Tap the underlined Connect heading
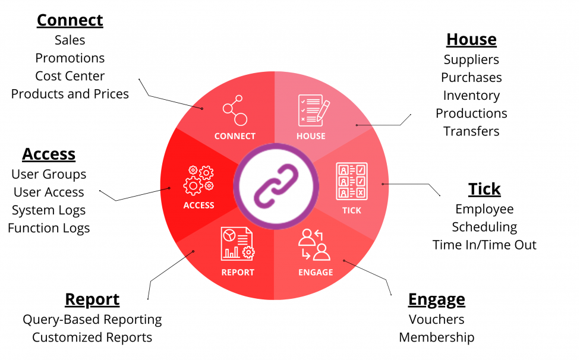click(70, 20)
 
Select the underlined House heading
click(471, 40)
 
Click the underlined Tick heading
click(484, 190)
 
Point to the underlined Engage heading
click(436, 299)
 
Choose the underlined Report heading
click(92, 299)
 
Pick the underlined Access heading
click(49, 154)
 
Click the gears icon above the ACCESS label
click(199, 180)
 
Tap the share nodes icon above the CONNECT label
click(235, 110)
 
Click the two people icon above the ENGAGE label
click(314, 245)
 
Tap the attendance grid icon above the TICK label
click(351, 181)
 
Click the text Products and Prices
click(70, 94)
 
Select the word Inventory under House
click(471, 96)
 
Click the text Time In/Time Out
click(484, 245)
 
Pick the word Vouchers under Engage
click(436, 320)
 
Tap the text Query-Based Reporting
click(92, 320)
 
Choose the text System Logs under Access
click(49, 210)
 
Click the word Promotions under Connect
click(70, 58)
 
